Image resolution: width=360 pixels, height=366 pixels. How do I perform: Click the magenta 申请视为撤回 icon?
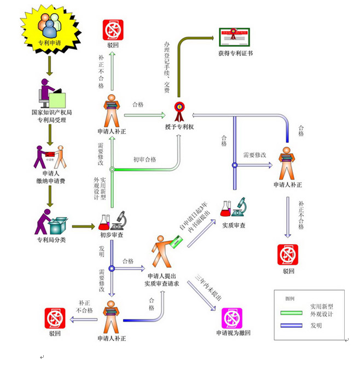(x=233, y=318)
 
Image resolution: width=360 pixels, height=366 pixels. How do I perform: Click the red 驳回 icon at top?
(x=113, y=31)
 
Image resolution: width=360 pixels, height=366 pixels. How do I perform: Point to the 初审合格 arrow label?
(x=144, y=160)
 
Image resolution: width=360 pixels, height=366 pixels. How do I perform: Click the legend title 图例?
(x=289, y=299)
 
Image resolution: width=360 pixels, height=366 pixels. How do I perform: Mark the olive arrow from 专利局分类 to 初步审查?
(x=83, y=225)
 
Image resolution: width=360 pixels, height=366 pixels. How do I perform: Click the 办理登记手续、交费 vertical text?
(x=167, y=66)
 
